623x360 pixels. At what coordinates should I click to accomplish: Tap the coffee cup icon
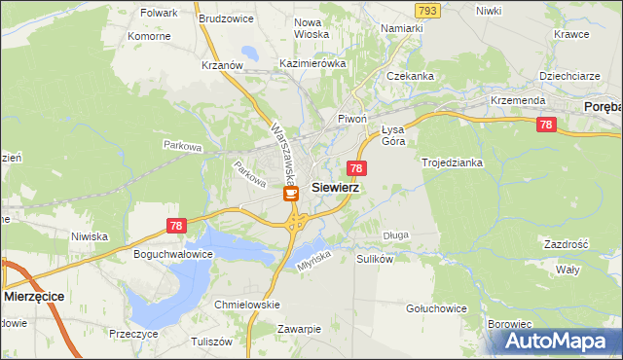click(x=291, y=194)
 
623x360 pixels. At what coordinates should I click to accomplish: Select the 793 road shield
click(x=425, y=10)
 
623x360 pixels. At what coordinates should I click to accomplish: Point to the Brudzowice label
click(x=226, y=18)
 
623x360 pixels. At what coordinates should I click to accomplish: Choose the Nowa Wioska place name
click(x=311, y=28)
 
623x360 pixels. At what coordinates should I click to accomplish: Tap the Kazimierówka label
click(x=312, y=63)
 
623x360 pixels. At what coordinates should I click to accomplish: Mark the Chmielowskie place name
click(x=246, y=305)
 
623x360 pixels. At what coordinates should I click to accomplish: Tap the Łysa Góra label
click(x=392, y=135)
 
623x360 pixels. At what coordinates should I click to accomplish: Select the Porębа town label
click(x=602, y=105)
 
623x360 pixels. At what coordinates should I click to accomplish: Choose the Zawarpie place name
click(x=298, y=329)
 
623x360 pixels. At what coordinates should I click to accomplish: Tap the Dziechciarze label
click(x=569, y=75)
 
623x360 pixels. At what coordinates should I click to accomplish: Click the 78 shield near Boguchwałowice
click(x=175, y=226)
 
